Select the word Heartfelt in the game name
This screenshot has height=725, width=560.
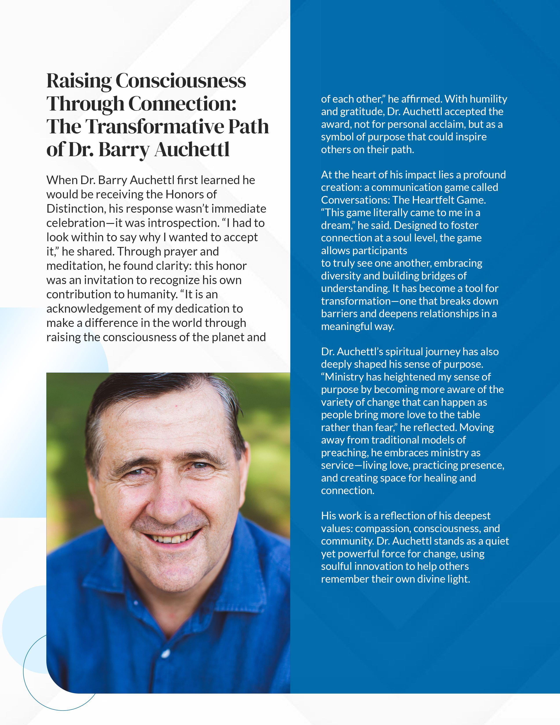click(x=439, y=200)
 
